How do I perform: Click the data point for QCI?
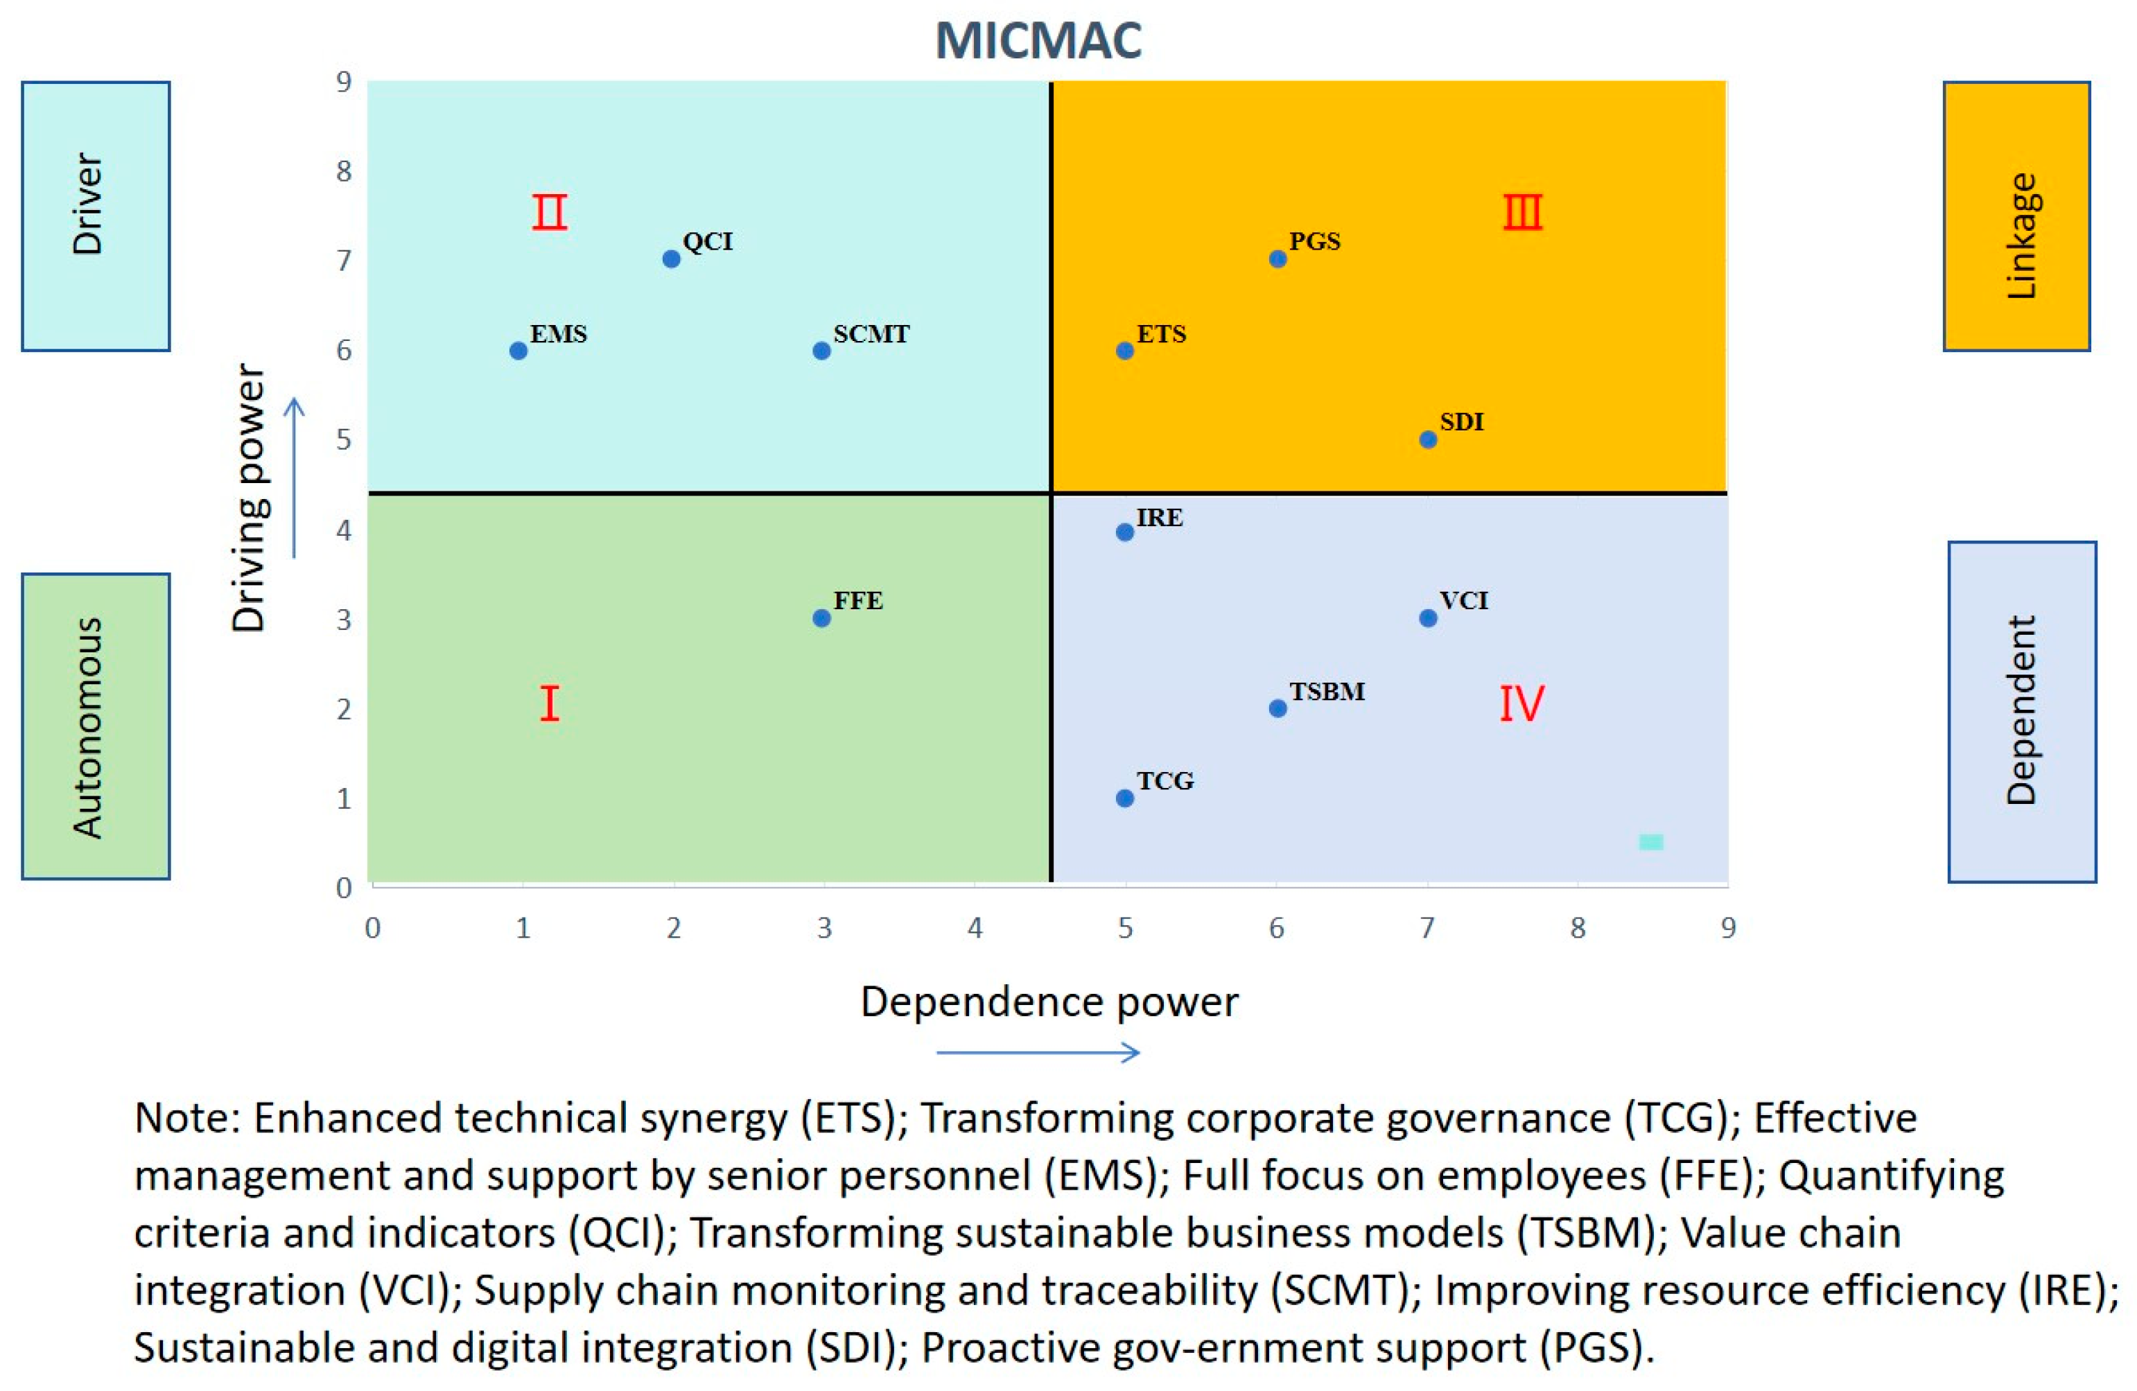click(x=671, y=259)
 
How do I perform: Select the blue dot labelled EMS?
click(x=518, y=350)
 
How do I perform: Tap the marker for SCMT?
click(x=821, y=350)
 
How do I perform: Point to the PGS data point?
click(x=1277, y=259)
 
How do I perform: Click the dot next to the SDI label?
click(x=1428, y=439)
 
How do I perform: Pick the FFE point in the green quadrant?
click(x=821, y=618)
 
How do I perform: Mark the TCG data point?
click(x=1125, y=798)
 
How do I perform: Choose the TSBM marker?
click(x=1277, y=708)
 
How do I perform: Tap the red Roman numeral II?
click(x=550, y=213)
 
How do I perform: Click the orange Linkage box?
click(x=2016, y=216)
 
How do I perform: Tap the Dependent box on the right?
click(x=2022, y=711)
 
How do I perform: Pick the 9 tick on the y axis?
click(x=344, y=82)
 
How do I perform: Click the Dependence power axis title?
click(x=1049, y=1002)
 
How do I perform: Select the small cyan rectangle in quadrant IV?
click(x=1650, y=841)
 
